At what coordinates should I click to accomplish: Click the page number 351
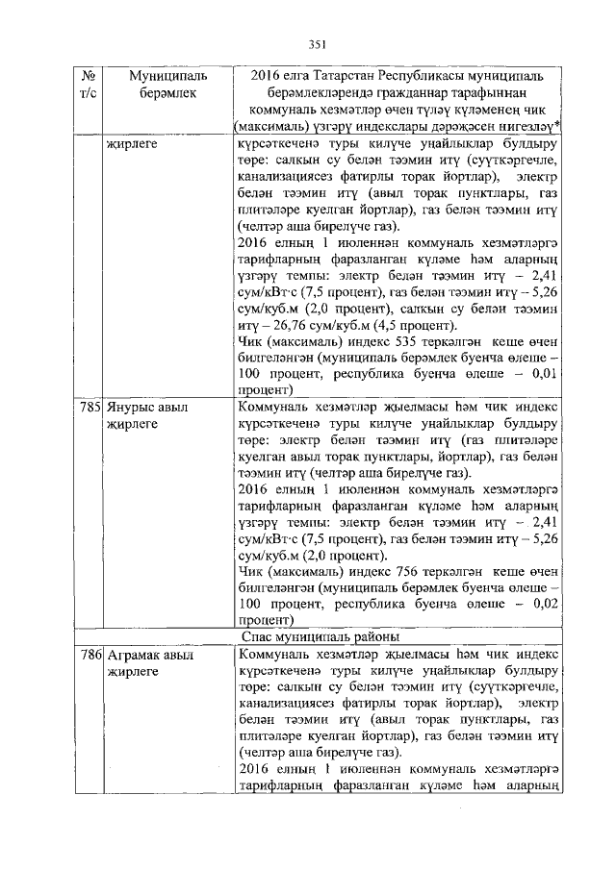(319, 44)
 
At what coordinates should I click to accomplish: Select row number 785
(90, 407)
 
